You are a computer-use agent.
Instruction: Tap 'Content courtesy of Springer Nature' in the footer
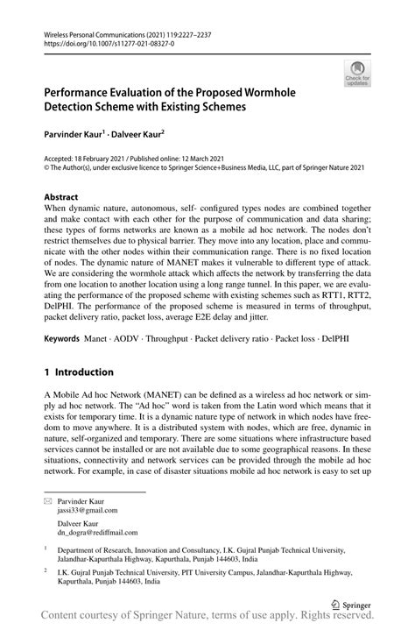[x=123, y=619]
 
